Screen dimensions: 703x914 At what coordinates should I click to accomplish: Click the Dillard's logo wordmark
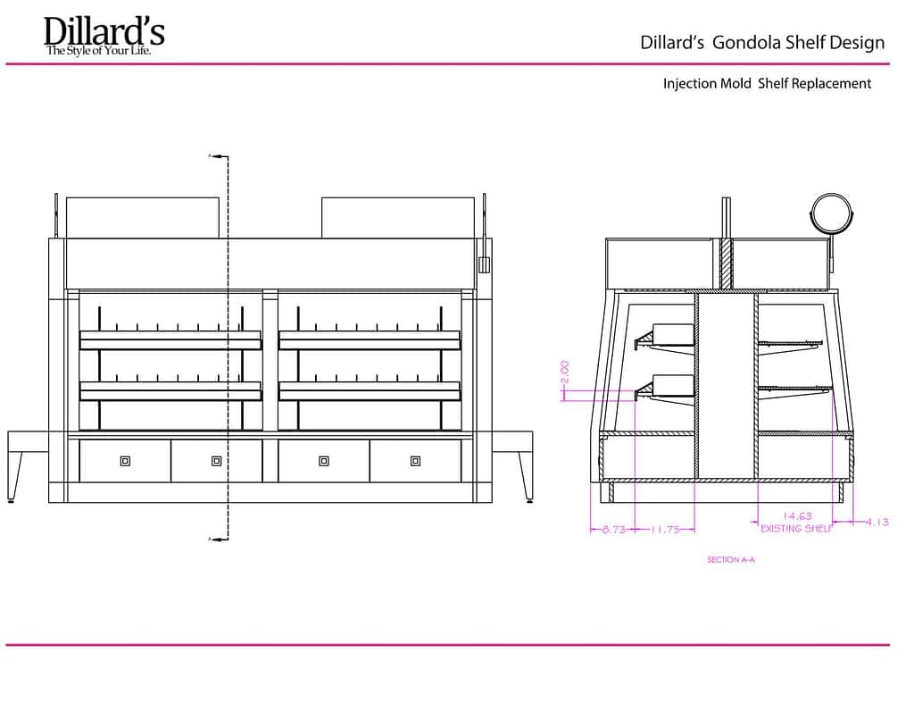[x=104, y=31]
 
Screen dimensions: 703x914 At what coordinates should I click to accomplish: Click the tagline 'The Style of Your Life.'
[x=98, y=53]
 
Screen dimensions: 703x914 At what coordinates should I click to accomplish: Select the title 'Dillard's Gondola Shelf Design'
[x=762, y=43]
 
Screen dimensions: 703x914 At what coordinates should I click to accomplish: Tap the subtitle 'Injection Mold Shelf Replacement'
[x=767, y=83]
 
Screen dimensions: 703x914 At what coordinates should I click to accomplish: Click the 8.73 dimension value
[x=612, y=529]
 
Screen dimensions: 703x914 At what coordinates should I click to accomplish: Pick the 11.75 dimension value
[x=661, y=529]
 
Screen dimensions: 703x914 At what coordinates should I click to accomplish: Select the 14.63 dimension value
[x=796, y=515]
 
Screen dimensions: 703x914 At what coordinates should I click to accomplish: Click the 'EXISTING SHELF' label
[x=796, y=529]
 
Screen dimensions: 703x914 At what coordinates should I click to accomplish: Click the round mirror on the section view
[x=832, y=214]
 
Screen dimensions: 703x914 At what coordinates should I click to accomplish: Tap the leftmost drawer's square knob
[x=125, y=461]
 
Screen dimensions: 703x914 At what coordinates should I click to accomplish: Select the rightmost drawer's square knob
[x=415, y=461]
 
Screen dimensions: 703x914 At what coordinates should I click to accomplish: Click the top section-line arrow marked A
[x=215, y=155]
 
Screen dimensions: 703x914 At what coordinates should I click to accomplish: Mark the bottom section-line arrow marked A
[x=215, y=539]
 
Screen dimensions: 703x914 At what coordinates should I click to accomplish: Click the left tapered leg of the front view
[x=16, y=473]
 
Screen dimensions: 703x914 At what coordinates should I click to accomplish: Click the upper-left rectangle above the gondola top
[x=143, y=217]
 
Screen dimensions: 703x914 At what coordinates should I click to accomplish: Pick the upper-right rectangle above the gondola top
[x=398, y=217]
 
